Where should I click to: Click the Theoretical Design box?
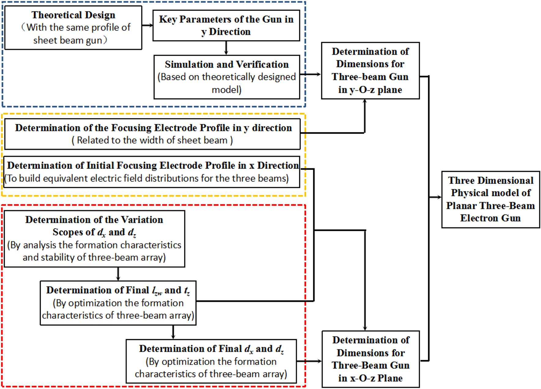73,28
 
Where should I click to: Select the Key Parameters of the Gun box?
226,25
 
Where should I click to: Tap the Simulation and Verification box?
226,77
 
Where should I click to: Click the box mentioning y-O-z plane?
370,71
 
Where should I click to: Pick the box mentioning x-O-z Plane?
370,359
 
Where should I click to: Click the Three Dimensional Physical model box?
491,199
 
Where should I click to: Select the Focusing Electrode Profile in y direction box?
152,134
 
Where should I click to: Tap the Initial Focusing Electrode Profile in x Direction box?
152,172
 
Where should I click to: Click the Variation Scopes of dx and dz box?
94,239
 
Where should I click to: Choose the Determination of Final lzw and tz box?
118,303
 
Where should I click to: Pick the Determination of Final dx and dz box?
211,361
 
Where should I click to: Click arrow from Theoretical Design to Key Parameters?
147,25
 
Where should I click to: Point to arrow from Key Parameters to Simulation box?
226,48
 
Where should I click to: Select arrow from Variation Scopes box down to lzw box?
118,274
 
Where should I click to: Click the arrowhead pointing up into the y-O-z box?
365,102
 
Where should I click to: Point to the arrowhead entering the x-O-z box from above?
365,328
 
